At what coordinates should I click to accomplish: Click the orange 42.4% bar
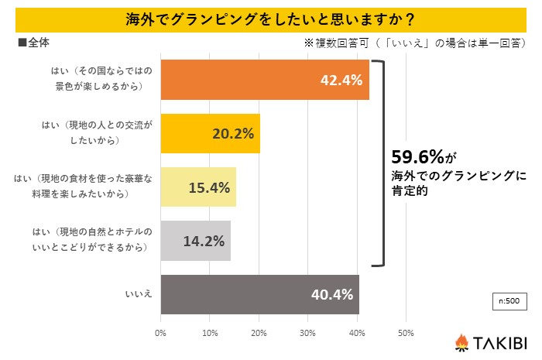[x=264, y=80]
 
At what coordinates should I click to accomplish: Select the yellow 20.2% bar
[x=210, y=133]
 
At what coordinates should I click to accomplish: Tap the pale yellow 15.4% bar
[x=197, y=187]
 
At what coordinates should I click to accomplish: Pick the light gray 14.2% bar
[x=195, y=241]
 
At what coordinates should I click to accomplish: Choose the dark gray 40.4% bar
[x=259, y=294]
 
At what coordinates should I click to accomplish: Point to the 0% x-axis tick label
[x=161, y=334]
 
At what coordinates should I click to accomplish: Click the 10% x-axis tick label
[x=210, y=334]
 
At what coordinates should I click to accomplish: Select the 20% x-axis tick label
[x=259, y=334]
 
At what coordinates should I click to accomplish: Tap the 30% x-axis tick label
[x=307, y=334]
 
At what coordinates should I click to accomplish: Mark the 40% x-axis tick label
[x=356, y=334]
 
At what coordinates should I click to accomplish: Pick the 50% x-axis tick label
[x=405, y=334]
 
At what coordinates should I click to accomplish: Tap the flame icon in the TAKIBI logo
[x=462, y=341]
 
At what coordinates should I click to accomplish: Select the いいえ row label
[x=138, y=295]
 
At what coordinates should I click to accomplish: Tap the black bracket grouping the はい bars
[x=379, y=163]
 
